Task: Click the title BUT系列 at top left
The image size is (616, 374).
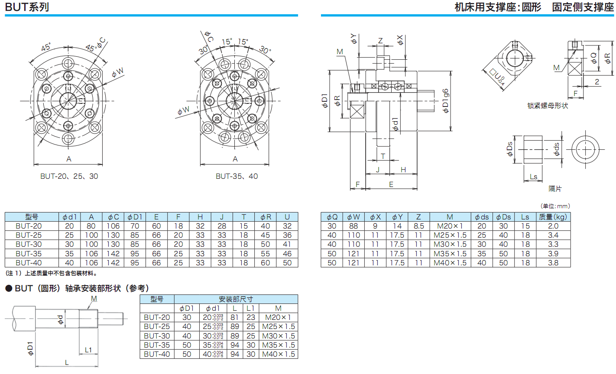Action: [x=27, y=7]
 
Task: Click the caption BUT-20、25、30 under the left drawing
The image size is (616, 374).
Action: [x=69, y=176]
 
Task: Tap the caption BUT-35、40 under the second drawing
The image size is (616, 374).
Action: [x=237, y=176]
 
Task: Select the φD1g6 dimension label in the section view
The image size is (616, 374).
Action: [x=446, y=101]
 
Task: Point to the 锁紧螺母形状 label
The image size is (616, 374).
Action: [x=547, y=106]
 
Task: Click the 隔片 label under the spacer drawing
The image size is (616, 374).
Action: [x=555, y=189]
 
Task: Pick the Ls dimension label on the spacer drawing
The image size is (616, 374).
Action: [x=533, y=177]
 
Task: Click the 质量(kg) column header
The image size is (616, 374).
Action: [x=553, y=217]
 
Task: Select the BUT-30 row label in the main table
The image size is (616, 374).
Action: [x=29, y=244]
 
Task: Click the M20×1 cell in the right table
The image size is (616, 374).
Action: [x=450, y=226]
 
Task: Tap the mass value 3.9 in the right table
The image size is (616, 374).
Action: [x=553, y=254]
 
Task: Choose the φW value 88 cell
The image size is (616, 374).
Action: [x=353, y=226]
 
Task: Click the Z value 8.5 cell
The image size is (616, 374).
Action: [x=418, y=226]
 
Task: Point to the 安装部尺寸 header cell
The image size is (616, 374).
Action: [x=236, y=299]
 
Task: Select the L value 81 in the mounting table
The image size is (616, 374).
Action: [x=235, y=317]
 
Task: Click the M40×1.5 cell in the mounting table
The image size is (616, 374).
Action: [x=278, y=354]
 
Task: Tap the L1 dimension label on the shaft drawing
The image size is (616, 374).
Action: [x=88, y=350]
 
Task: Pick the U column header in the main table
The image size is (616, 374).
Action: [x=287, y=217]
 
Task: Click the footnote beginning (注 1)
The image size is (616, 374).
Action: [x=52, y=273]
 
